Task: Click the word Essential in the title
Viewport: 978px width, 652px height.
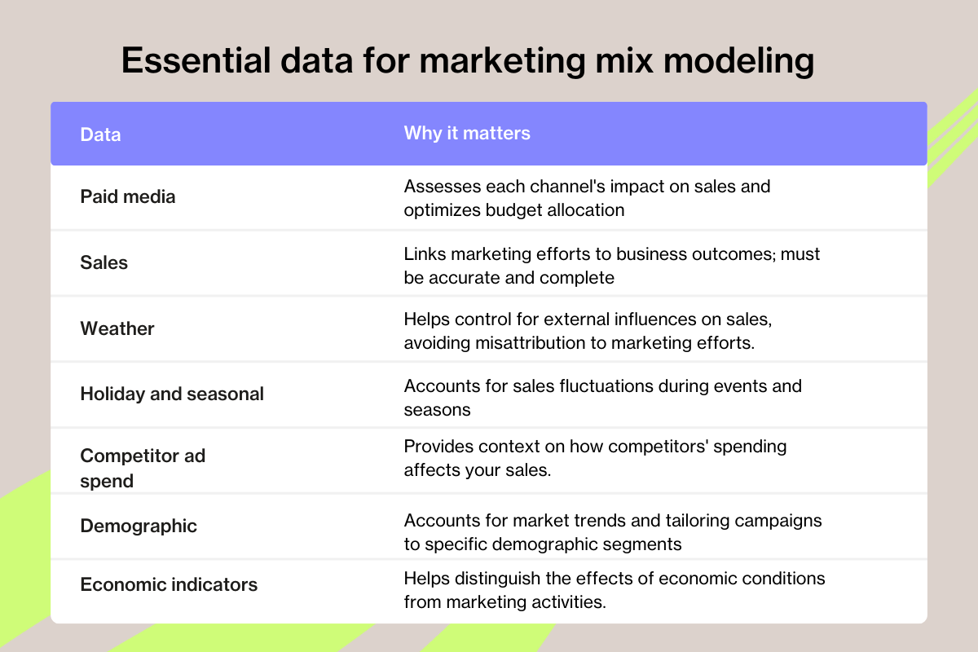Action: (x=196, y=60)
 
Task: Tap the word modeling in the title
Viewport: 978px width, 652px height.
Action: (x=738, y=62)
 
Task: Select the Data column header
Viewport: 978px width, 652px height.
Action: (x=100, y=134)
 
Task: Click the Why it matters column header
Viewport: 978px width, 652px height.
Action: (x=467, y=133)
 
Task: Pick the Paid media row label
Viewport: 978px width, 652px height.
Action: (x=127, y=196)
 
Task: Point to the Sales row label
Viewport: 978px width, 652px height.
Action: (x=104, y=262)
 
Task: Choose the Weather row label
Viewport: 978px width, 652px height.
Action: (x=117, y=328)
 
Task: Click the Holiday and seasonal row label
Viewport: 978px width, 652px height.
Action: (x=172, y=394)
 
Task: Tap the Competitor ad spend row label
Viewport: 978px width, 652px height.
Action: (x=143, y=468)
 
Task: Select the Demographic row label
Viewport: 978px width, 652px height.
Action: (x=139, y=526)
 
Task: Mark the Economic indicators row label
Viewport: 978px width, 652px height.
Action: (x=169, y=584)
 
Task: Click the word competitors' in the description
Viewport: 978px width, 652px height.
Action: (x=658, y=447)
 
